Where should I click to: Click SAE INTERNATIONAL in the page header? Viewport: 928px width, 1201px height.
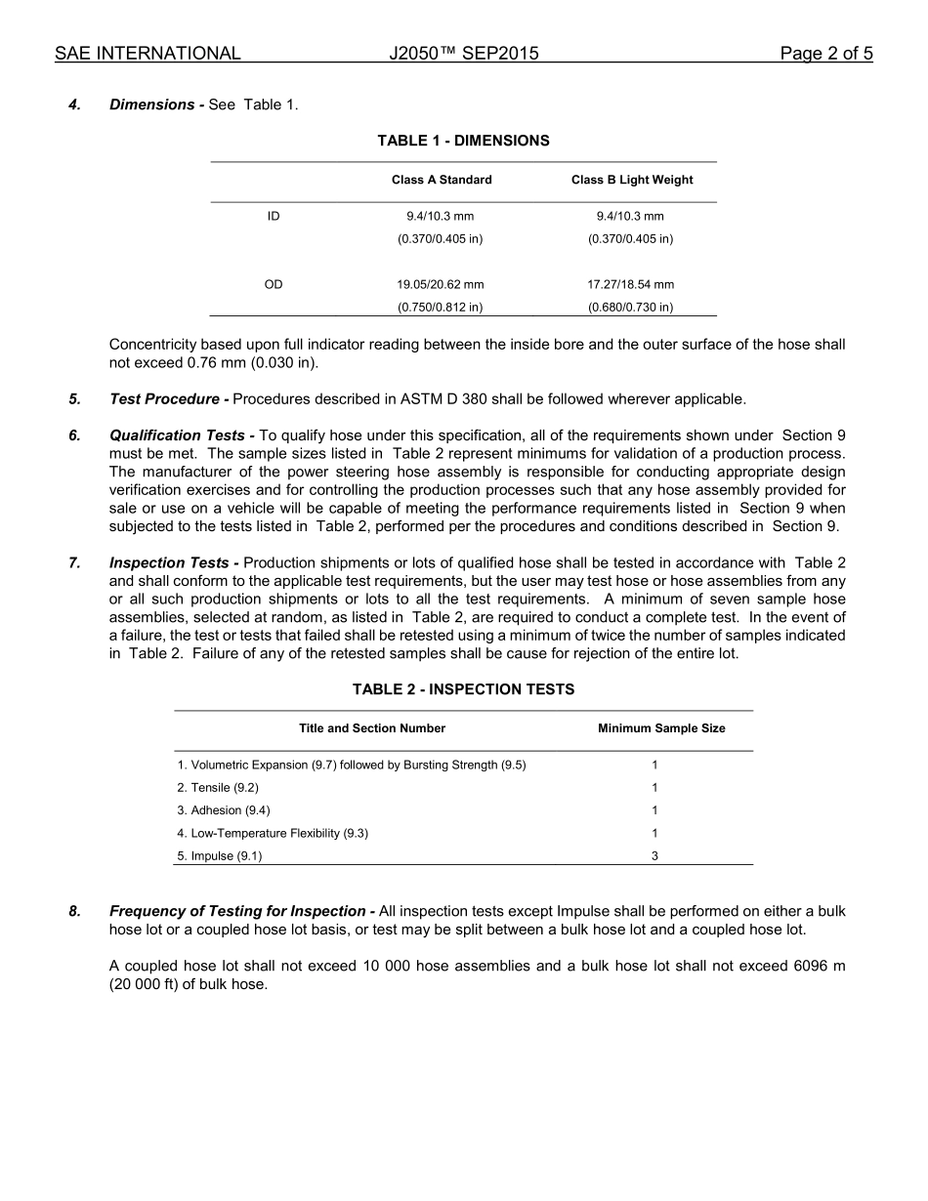[x=148, y=54]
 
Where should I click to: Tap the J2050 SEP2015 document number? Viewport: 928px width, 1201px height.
[x=463, y=54]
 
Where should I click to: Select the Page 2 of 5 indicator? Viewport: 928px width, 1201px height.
[x=825, y=54]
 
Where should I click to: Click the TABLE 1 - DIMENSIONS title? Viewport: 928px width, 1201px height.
[x=463, y=141]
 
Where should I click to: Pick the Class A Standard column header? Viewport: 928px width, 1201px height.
[x=442, y=180]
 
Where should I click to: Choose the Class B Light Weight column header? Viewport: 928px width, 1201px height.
[x=632, y=180]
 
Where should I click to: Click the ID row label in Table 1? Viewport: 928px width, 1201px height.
[x=274, y=216]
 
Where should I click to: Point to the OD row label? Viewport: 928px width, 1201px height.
[x=274, y=284]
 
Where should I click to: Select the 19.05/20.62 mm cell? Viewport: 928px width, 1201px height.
[x=440, y=284]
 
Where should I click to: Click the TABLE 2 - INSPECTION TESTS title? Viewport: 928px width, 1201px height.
[x=463, y=689]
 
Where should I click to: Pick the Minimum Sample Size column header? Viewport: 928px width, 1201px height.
[x=661, y=728]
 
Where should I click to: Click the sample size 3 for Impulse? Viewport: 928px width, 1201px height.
[x=654, y=856]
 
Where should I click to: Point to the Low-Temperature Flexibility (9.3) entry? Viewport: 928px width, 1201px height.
[x=273, y=833]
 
